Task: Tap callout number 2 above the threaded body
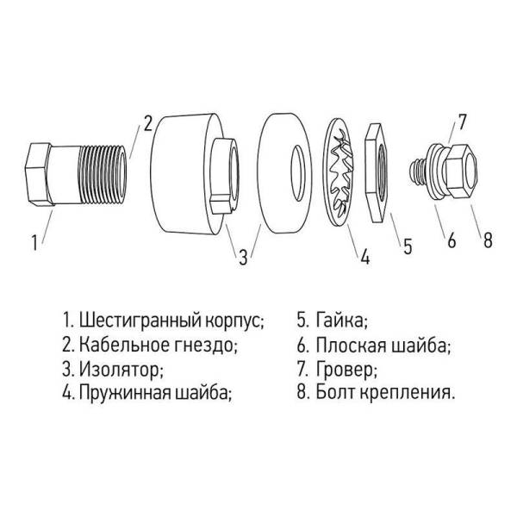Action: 147,122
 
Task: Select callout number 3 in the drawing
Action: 244,255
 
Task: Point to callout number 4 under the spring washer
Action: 364,256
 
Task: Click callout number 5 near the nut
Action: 408,245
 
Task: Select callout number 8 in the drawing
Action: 487,241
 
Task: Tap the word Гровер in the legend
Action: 346,371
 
